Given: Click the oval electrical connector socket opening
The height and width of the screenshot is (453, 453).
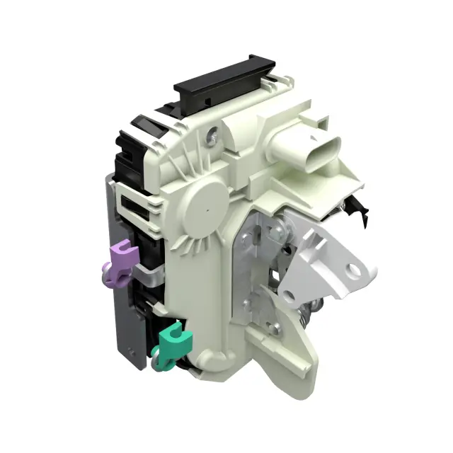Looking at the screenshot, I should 323,149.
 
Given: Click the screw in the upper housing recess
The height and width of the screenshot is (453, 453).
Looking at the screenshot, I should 211,132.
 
